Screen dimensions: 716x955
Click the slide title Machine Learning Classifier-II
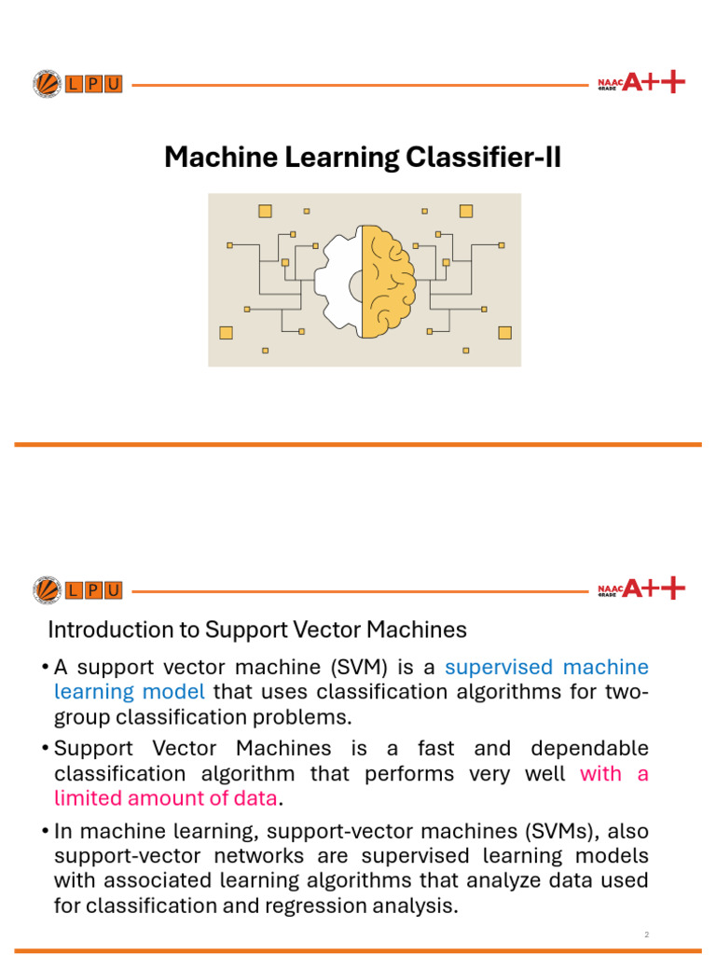coord(363,158)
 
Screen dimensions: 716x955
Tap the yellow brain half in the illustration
coord(387,280)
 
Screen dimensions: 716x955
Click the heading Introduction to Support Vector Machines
coord(256,630)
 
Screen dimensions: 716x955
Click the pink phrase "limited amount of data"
coord(165,797)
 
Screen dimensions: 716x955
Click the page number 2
coord(645,934)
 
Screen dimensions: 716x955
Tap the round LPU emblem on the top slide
coord(46,84)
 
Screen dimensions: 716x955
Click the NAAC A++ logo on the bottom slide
coord(640,588)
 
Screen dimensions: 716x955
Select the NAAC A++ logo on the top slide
coord(640,83)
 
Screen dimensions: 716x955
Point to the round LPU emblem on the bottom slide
coord(46,589)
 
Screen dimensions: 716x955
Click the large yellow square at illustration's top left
coord(265,211)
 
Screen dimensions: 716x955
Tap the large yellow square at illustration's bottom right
coord(504,331)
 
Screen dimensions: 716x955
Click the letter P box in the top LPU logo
coord(93,84)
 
